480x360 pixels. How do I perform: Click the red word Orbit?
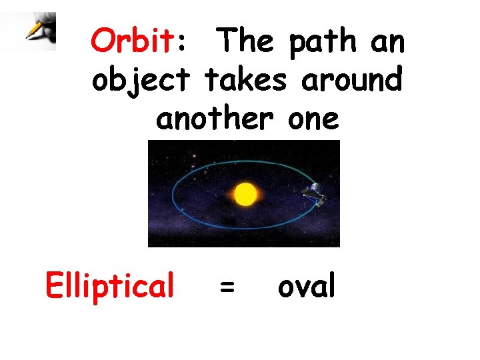pos(132,41)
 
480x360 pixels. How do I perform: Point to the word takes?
pos(248,81)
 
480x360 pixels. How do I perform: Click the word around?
pos(352,81)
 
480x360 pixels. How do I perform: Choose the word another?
pos(214,119)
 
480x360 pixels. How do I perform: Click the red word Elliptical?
pos(109,285)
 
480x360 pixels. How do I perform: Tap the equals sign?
pos(227,288)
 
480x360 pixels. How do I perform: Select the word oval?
pos(307,286)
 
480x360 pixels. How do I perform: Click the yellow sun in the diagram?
pos(245,194)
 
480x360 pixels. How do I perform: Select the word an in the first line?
pos(388,43)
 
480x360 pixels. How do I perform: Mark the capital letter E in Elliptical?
pos(53,285)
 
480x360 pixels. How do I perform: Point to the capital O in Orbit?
pos(103,41)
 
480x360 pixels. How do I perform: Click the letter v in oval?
pos(302,288)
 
